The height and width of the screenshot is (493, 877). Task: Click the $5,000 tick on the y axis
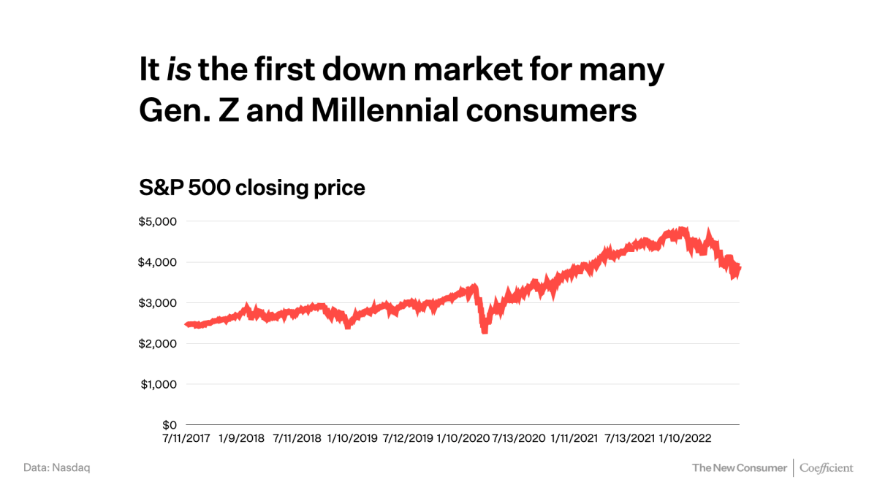point(157,221)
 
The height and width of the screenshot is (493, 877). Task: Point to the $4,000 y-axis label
point(157,262)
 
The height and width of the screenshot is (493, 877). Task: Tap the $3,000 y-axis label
point(157,303)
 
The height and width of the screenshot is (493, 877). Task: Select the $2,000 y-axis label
point(157,343)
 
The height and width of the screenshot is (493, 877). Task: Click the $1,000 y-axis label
point(157,384)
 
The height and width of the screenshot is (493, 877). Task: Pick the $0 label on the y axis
point(169,425)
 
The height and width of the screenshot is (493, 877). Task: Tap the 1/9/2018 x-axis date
point(242,439)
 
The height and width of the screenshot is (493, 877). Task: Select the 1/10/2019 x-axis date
point(352,439)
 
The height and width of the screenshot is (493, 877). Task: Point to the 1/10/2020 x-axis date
point(463,439)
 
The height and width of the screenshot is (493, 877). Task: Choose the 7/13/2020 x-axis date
point(519,439)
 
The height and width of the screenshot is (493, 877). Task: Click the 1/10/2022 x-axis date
point(685,439)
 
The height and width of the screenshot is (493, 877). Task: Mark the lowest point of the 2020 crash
point(485,332)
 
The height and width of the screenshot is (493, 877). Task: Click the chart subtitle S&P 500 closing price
point(252,188)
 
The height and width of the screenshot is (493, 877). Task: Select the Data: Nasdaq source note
point(57,467)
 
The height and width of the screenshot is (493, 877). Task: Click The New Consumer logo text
point(739,467)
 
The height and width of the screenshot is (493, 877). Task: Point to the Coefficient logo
point(826,467)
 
